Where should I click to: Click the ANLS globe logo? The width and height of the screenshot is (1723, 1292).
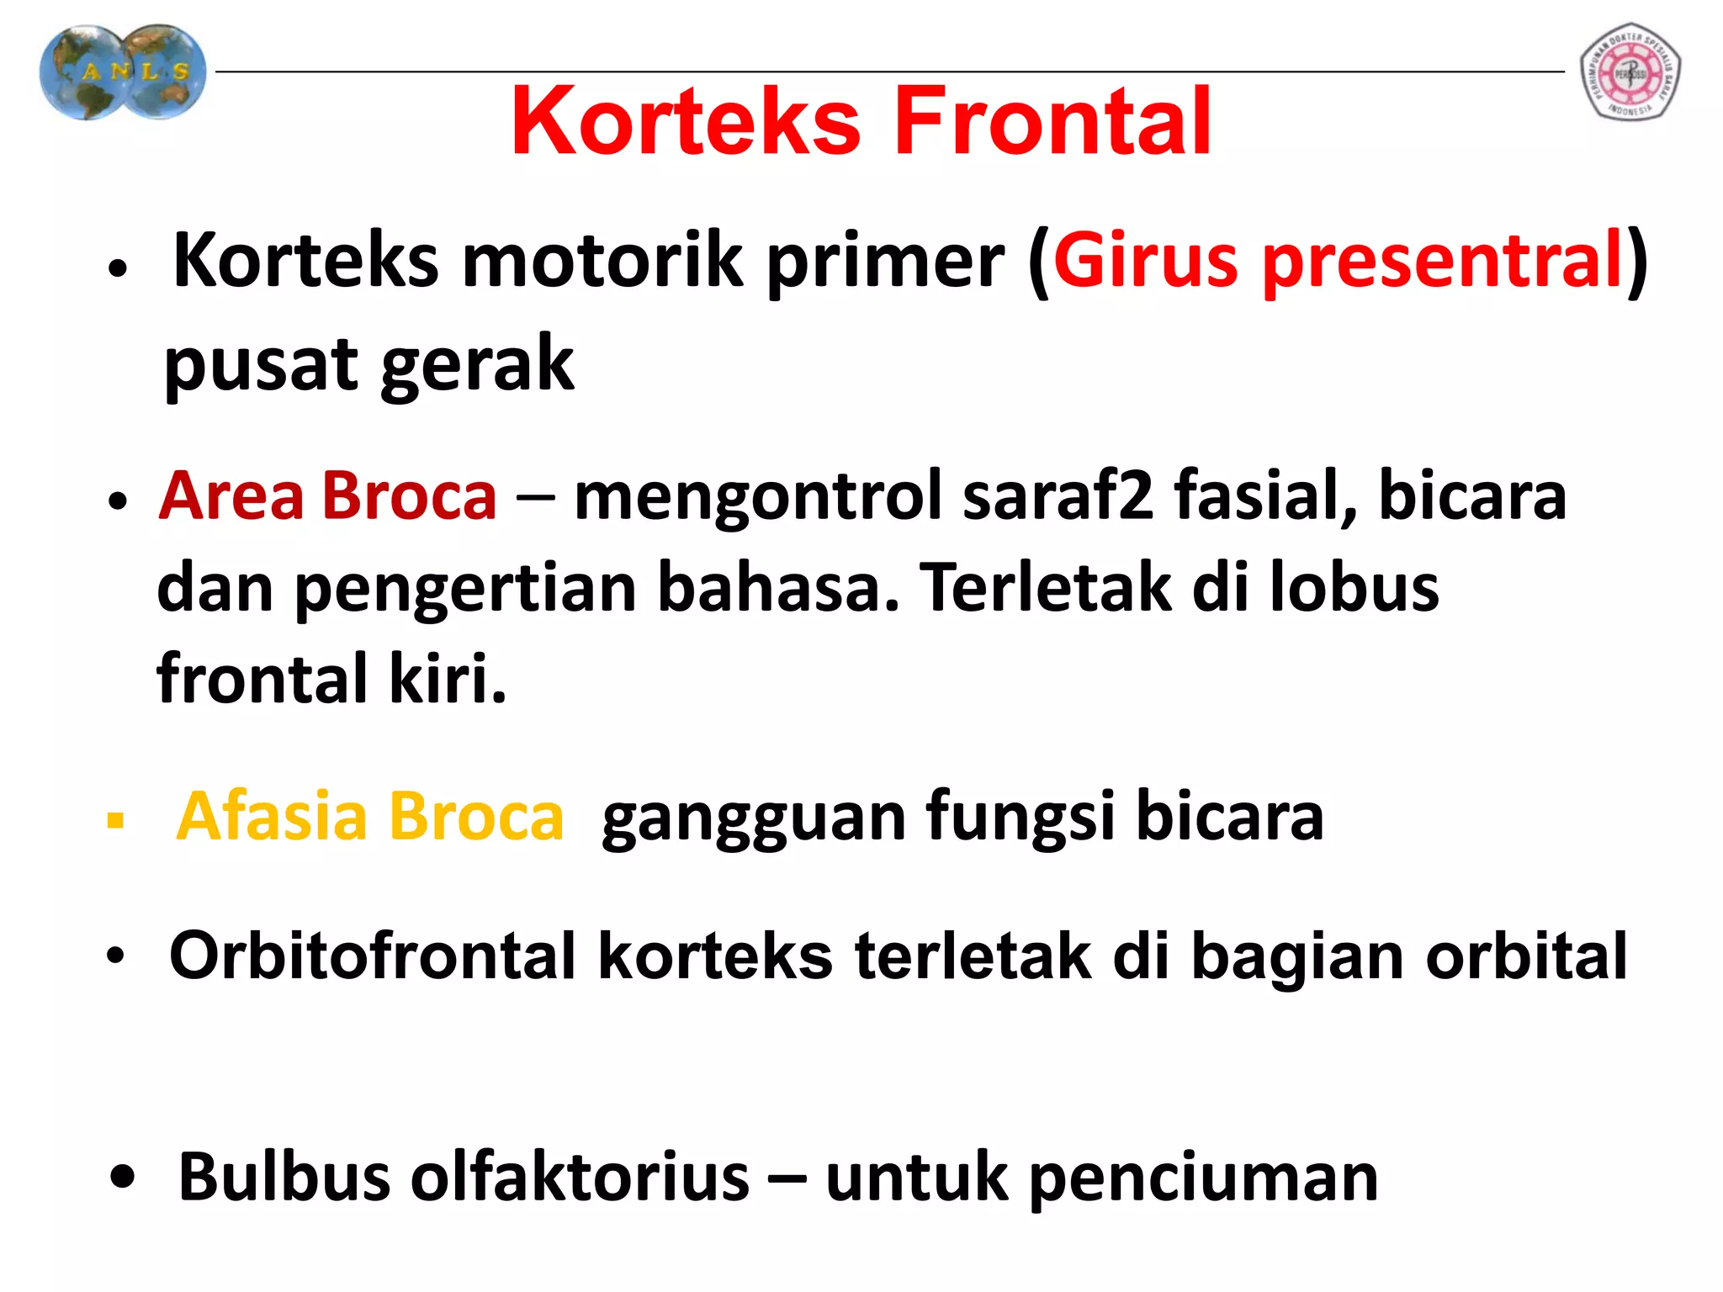123,72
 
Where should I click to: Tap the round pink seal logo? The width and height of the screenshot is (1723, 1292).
1630,72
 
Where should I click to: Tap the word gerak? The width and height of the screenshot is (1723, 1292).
478,365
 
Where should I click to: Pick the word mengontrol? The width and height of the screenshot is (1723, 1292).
757,496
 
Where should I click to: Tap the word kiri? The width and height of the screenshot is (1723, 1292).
448,678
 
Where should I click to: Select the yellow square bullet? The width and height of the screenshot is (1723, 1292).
116,820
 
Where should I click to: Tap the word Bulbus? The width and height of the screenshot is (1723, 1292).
284,1177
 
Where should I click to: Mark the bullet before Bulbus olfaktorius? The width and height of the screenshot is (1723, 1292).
122,1178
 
